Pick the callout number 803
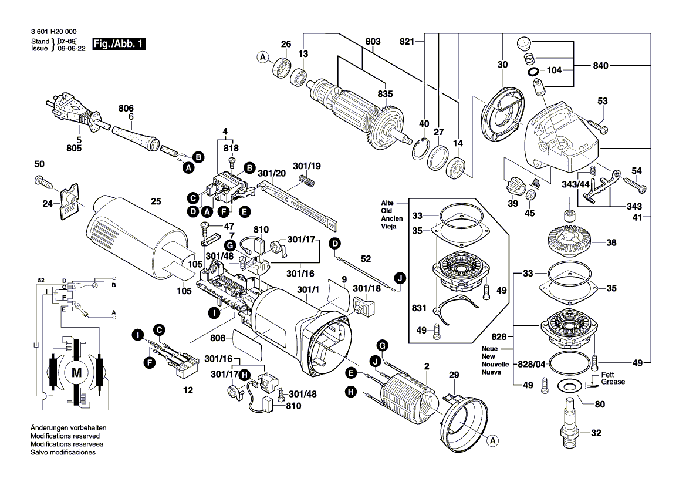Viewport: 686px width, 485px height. pos(373,42)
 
